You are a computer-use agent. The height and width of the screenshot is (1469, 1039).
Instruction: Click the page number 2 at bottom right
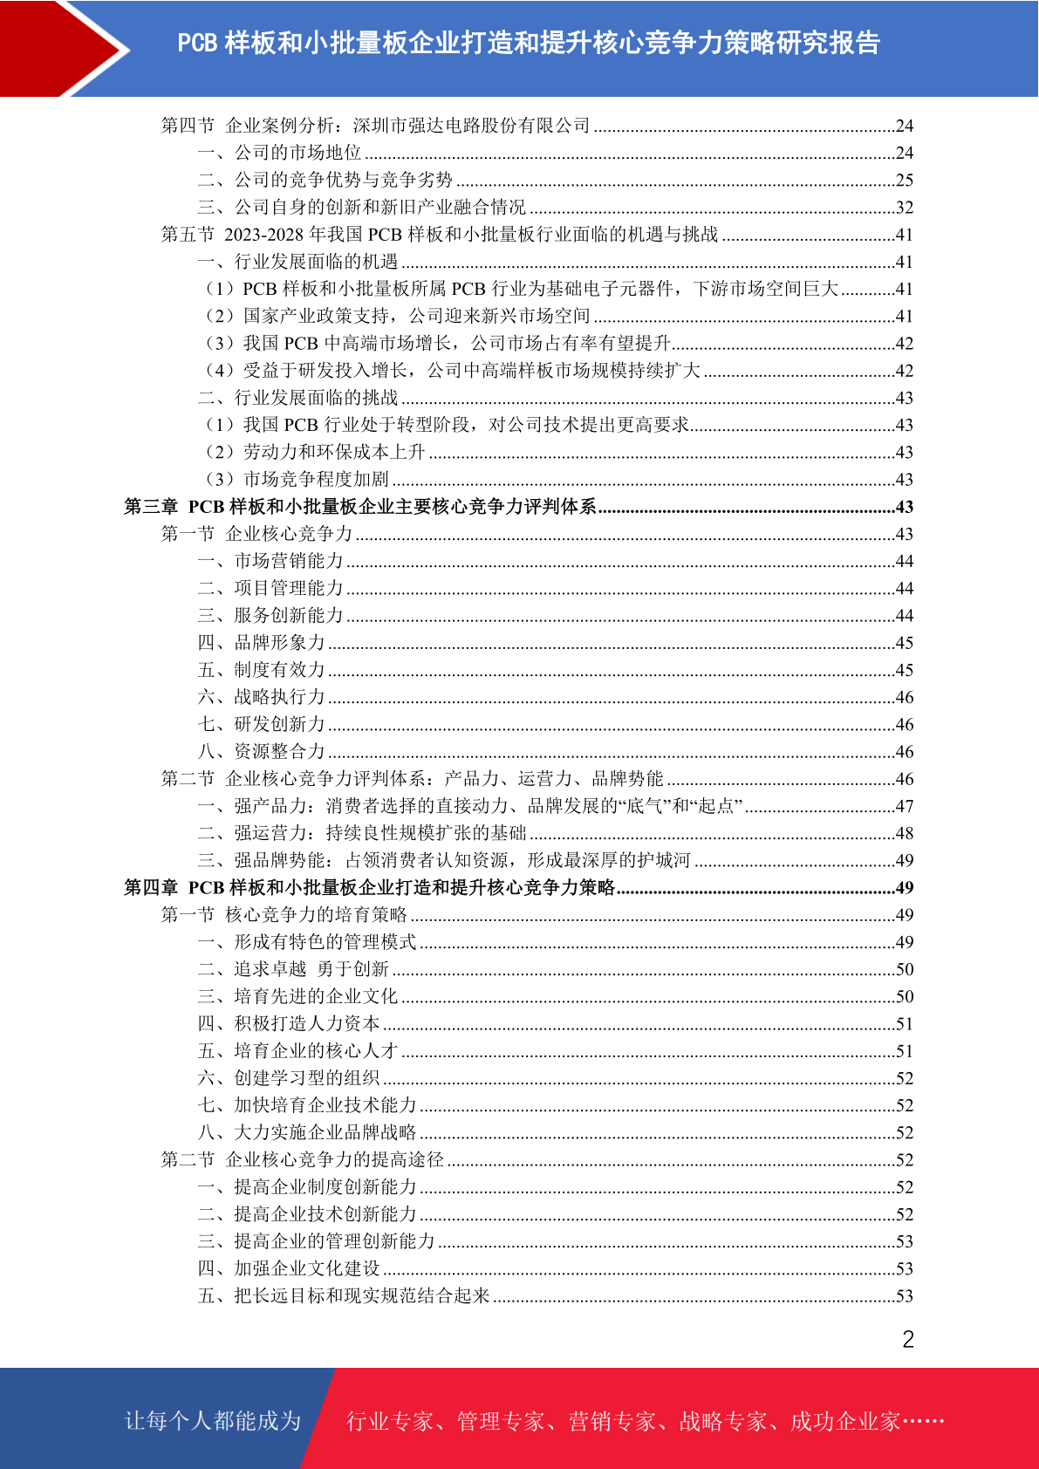(x=907, y=1339)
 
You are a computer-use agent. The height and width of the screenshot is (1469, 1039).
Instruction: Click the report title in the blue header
(x=529, y=43)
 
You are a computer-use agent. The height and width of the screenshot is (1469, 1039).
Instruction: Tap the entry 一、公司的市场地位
(x=279, y=153)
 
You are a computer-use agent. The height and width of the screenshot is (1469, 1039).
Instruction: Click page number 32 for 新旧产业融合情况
(x=904, y=208)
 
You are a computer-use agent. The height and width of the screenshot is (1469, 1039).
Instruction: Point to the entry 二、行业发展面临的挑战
(x=297, y=398)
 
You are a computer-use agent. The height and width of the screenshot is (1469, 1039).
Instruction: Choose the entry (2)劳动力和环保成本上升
(x=315, y=452)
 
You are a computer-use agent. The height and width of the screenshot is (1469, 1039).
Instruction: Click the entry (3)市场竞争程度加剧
(x=297, y=479)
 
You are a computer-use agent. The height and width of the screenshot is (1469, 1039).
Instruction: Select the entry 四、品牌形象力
(x=261, y=643)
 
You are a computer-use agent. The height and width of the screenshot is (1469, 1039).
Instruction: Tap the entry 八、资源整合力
(x=261, y=751)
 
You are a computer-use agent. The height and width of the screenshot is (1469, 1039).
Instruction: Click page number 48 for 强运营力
(x=904, y=833)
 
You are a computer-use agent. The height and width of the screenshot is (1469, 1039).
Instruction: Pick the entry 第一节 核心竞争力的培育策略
(x=284, y=914)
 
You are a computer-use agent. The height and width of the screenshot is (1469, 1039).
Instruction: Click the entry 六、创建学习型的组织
(x=289, y=1078)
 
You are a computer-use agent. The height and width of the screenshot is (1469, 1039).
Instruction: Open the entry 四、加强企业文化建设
(x=289, y=1268)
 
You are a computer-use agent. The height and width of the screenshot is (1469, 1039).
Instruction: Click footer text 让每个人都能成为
(x=213, y=1421)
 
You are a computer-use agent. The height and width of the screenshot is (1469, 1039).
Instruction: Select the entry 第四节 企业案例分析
(x=375, y=126)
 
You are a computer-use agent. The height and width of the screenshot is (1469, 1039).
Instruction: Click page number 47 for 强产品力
(x=904, y=806)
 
